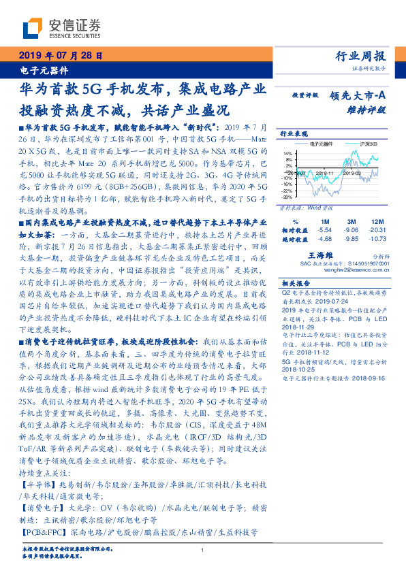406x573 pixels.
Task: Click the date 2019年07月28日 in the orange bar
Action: coord(61,56)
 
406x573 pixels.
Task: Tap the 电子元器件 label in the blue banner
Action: coord(39,70)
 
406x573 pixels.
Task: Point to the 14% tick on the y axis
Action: coord(288,153)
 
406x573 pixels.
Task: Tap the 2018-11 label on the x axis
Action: coord(324,173)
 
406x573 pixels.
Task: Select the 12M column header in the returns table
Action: coord(375,222)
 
